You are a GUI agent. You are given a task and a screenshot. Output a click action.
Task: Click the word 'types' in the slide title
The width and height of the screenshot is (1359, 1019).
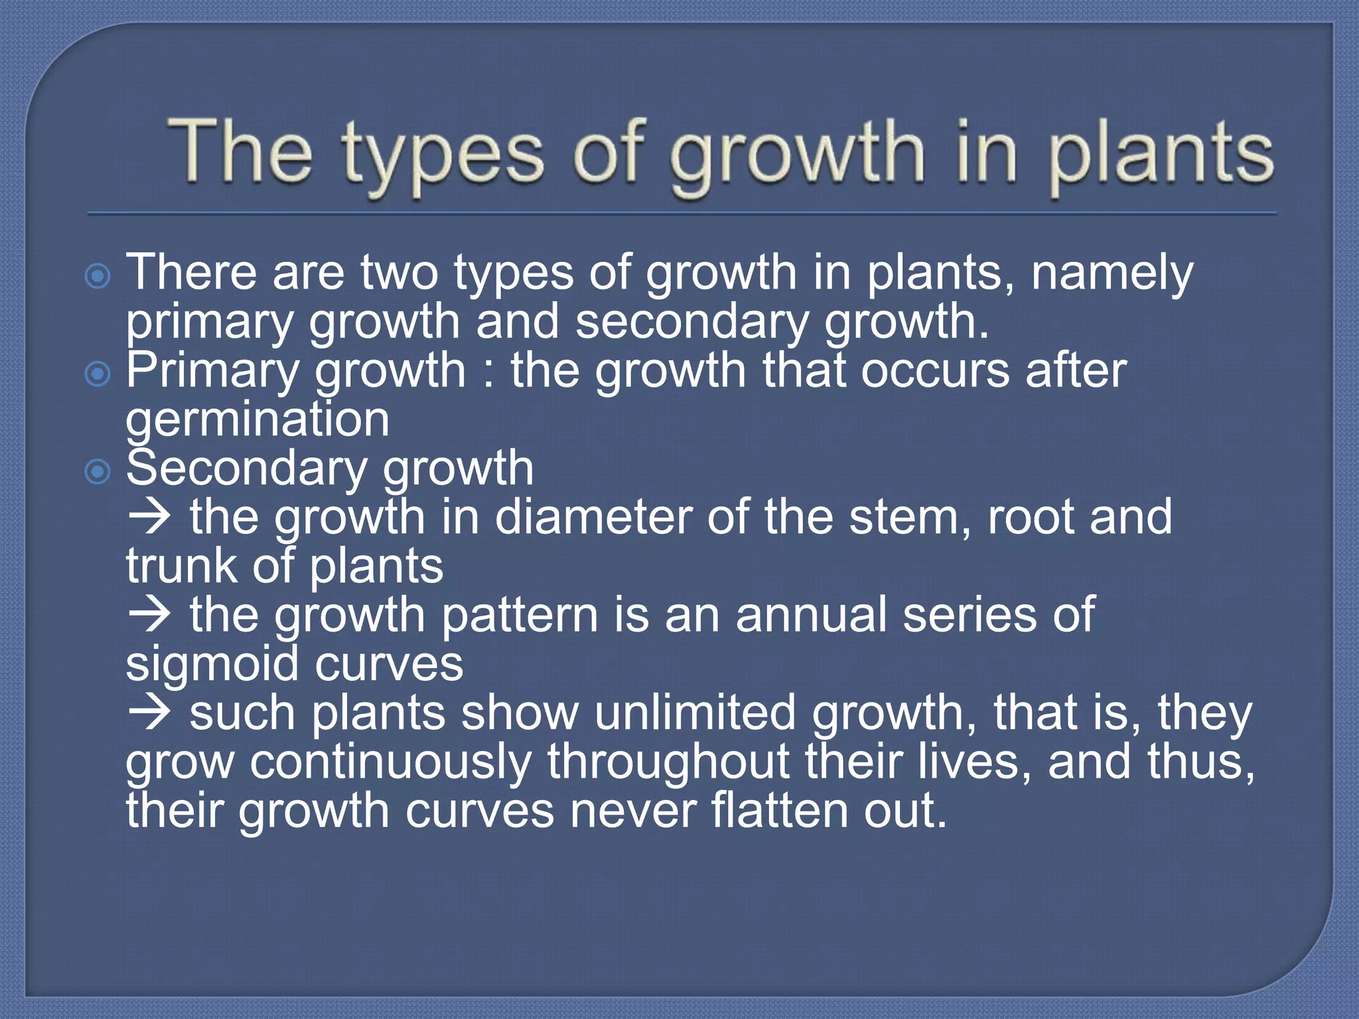(x=442, y=156)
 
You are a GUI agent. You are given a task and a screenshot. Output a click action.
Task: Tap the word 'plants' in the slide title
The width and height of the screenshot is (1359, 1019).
(x=1161, y=156)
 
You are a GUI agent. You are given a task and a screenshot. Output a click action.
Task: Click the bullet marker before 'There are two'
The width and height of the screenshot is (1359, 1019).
(x=98, y=276)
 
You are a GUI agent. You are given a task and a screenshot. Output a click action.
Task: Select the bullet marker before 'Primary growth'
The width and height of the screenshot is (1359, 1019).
(x=98, y=374)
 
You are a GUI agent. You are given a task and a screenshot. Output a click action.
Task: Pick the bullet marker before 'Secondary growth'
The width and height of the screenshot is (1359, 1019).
(x=98, y=472)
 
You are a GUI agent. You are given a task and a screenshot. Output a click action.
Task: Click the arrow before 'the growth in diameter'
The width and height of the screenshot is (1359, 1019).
(x=150, y=517)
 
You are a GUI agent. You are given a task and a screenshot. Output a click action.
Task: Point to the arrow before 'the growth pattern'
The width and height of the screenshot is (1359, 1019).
(x=150, y=615)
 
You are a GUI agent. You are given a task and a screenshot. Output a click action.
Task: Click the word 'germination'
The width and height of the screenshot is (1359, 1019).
(x=257, y=421)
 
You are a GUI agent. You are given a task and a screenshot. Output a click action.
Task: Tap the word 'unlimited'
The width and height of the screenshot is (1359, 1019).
(x=695, y=713)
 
